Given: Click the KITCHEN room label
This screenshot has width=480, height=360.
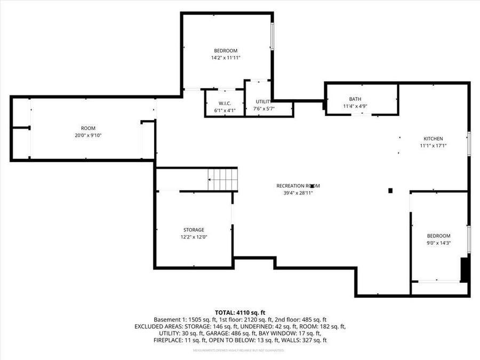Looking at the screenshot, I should (x=433, y=139).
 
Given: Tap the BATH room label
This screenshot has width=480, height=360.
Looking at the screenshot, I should (x=355, y=99).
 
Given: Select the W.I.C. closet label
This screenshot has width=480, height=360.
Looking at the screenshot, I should (x=224, y=103).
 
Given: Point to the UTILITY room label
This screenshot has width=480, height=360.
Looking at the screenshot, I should (x=263, y=101).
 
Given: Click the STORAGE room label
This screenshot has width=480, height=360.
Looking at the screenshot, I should (x=193, y=230).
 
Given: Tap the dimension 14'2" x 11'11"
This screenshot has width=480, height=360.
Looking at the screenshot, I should (x=226, y=58).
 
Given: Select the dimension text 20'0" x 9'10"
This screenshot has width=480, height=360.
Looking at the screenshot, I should (x=88, y=135).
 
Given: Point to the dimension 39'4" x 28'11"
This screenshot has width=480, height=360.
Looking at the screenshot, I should (x=298, y=193).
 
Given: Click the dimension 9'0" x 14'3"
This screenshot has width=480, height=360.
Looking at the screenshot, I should (x=438, y=243).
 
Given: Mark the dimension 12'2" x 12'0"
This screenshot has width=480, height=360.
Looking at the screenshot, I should (x=193, y=237).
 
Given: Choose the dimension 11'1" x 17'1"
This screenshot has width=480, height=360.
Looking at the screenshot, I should (x=433, y=146).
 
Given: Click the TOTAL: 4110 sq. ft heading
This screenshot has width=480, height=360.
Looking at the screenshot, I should (x=240, y=312).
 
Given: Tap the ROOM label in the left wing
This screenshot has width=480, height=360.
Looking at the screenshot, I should (x=88, y=128).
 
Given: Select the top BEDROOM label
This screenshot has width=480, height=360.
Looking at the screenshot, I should (x=226, y=51).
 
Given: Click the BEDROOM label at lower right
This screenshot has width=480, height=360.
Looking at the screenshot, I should (x=438, y=236).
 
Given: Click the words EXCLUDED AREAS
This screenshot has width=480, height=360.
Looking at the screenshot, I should (x=158, y=326).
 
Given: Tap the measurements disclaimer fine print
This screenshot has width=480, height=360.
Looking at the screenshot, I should (x=238, y=350).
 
